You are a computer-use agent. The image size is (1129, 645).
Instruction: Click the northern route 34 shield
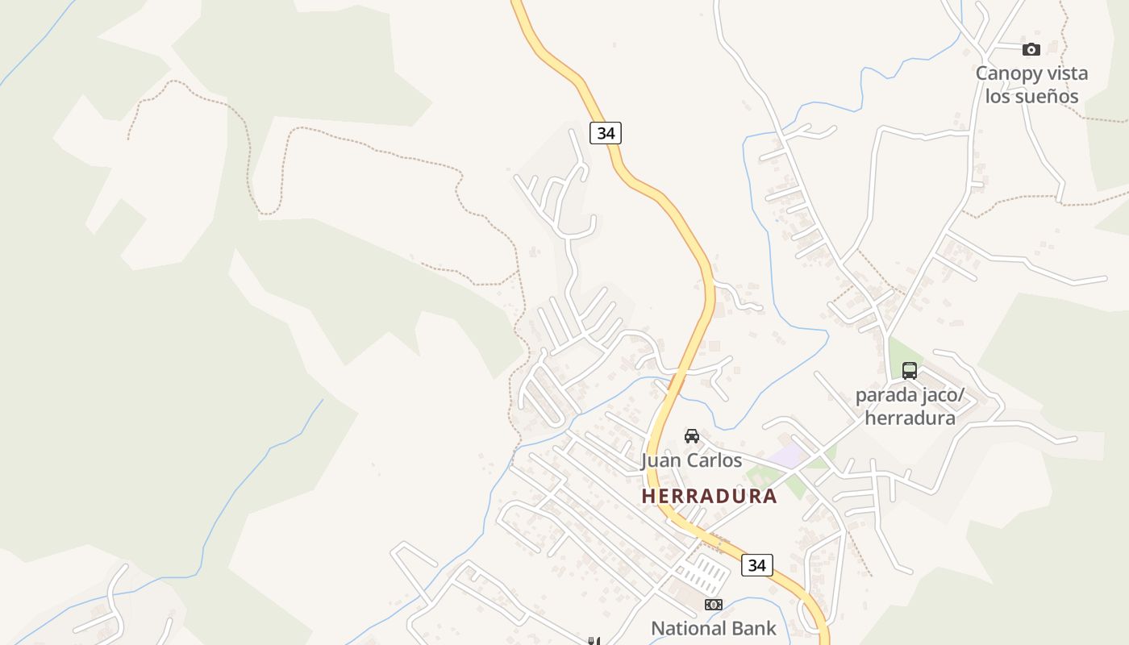(606, 133)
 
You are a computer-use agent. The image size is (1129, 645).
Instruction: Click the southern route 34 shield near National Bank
(756, 565)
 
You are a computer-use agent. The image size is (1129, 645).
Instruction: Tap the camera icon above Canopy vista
(1031, 50)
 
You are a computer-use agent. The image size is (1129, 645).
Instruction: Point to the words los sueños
(1031, 97)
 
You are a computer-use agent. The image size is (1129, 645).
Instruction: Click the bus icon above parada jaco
(909, 371)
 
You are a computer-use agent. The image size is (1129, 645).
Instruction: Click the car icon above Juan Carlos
(691, 436)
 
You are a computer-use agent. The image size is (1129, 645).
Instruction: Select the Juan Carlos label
(691, 460)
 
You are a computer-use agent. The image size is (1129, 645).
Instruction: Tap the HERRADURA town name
(709, 496)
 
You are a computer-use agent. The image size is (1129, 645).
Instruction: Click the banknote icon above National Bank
(713, 605)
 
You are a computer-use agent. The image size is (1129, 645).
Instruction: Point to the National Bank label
(713, 628)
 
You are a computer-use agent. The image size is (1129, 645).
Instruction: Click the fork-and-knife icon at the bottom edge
(594, 641)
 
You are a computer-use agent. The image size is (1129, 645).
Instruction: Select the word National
(691, 628)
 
